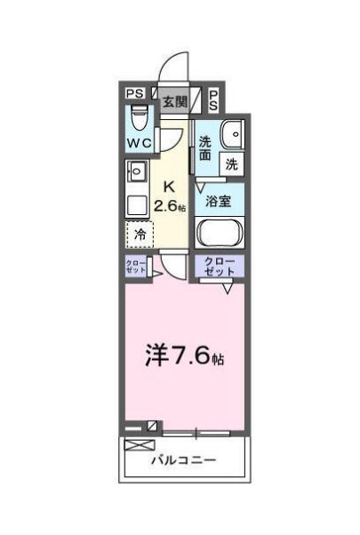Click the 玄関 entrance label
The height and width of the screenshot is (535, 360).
tap(173, 100)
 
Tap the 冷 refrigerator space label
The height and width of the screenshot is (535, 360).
tap(140, 236)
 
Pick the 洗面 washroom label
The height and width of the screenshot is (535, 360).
tap(205, 148)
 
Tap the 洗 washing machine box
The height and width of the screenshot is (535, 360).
tap(231, 164)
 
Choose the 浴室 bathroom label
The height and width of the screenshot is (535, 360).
tap(220, 201)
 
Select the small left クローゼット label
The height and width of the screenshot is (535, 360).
tap(137, 267)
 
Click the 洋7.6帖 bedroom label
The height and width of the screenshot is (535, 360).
tap(184, 357)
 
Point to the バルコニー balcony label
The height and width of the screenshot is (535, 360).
tap(184, 460)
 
